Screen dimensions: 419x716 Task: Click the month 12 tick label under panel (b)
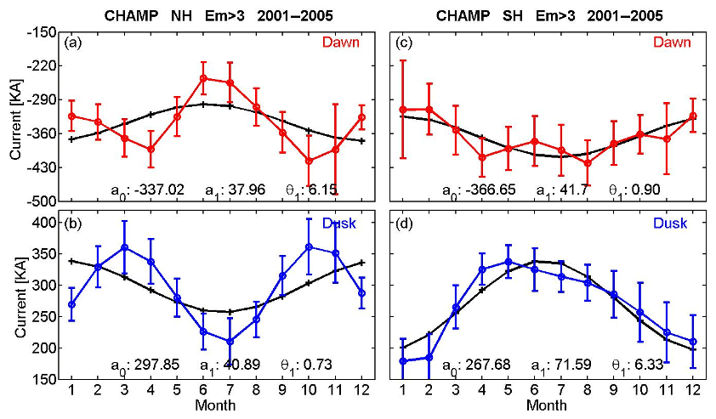[x=362, y=393]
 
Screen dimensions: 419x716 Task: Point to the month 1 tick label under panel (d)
[x=402, y=393]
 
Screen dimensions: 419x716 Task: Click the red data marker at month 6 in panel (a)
[x=204, y=78]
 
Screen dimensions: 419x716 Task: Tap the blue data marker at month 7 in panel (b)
[x=230, y=342]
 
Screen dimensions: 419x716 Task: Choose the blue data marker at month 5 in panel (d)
[x=509, y=263]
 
